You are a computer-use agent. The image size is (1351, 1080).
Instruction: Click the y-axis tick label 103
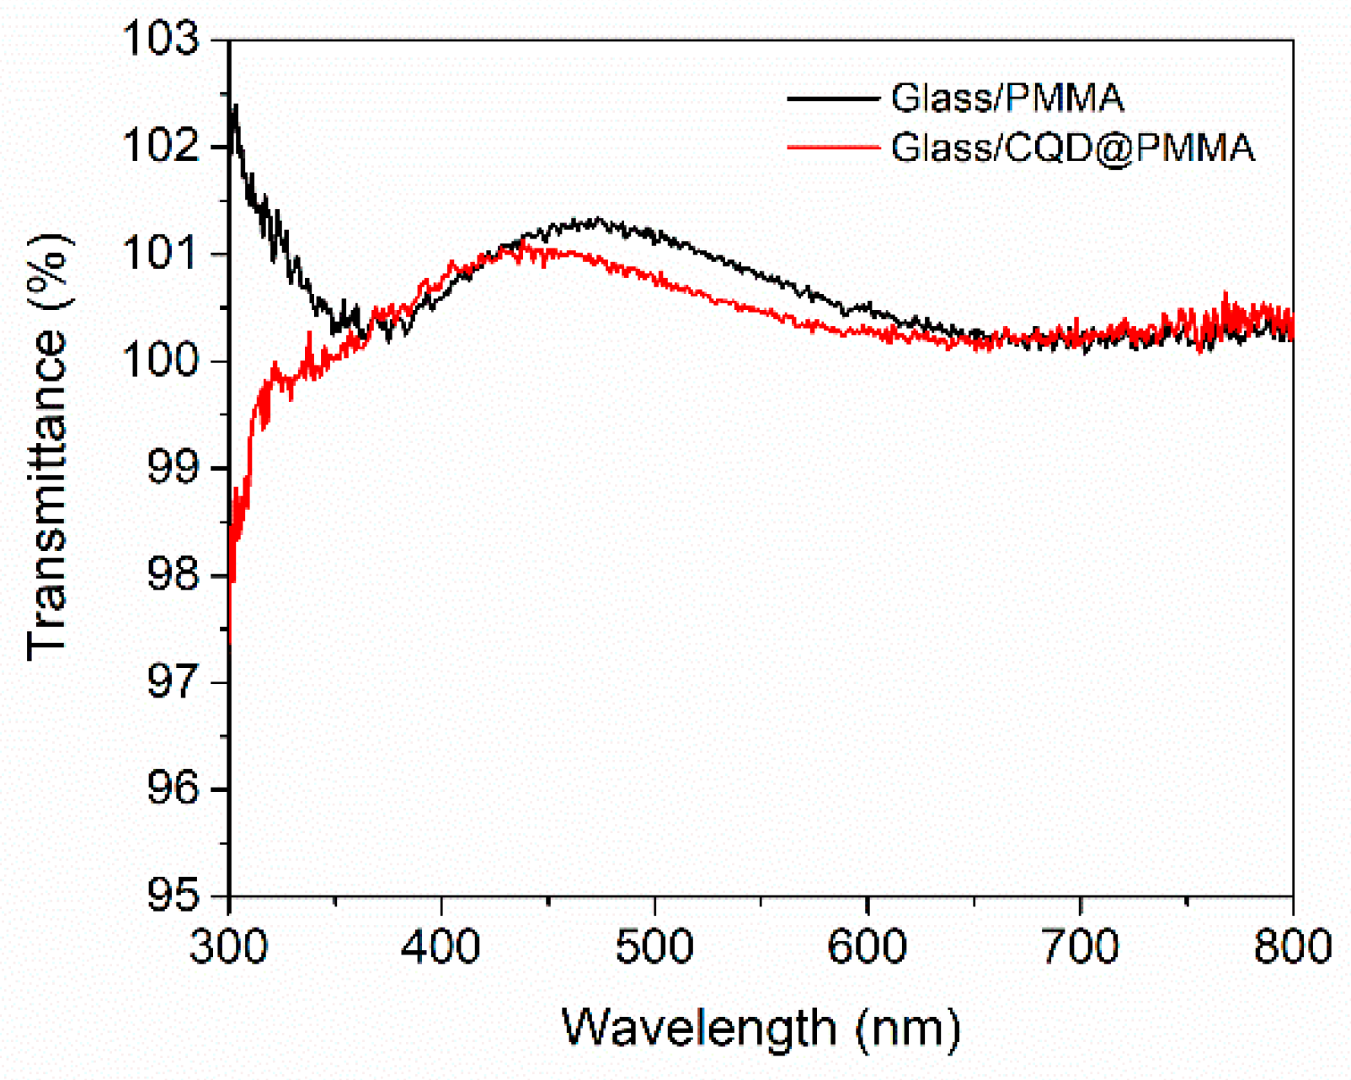click(x=162, y=40)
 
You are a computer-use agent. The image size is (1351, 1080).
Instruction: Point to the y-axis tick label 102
click(x=162, y=147)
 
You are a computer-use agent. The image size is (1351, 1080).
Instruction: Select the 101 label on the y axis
click(x=162, y=254)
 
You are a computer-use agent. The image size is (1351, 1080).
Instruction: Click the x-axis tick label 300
click(x=229, y=946)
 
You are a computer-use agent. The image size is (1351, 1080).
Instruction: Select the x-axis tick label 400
click(x=441, y=946)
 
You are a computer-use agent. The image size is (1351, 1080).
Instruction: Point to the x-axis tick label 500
click(x=654, y=946)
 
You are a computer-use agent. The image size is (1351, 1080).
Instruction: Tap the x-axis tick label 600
click(x=867, y=946)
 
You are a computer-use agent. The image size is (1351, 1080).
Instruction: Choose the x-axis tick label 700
click(x=1080, y=946)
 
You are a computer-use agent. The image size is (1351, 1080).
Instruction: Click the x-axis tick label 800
click(x=1292, y=946)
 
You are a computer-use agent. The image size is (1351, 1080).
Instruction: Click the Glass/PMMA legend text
click(x=1007, y=99)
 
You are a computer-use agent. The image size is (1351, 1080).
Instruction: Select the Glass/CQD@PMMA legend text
click(x=1073, y=148)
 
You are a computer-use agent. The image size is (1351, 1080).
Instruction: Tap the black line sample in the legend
click(x=832, y=99)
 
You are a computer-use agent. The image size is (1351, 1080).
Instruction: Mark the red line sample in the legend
click(x=832, y=148)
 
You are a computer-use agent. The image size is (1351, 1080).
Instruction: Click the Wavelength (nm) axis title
click(x=761, y=1028)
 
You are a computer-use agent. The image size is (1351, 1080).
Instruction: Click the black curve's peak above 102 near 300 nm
click(x=235, y=107)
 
